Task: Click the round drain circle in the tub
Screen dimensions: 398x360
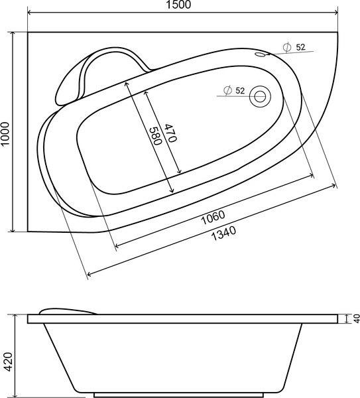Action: pyautogui.click(x=259, y=97)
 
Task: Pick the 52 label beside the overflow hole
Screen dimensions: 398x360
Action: pyautogui.click(x=300, y=46)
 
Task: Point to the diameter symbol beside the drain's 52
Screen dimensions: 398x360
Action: pyautogui.click(x=227, y=90)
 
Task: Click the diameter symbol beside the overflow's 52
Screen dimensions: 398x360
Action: pyautogui.click(x=287, y=46)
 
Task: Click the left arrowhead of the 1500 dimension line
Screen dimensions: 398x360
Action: pyautogui.click(x=30, y=13)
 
